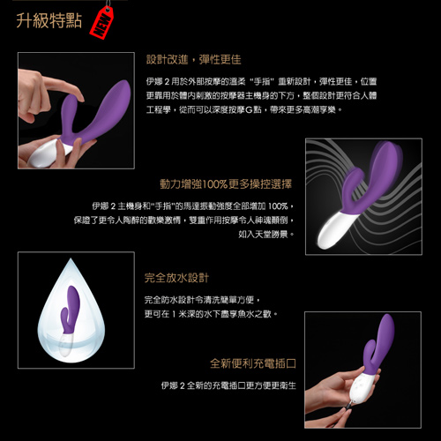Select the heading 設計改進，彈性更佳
point(193,59)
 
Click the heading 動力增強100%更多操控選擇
point(226,184)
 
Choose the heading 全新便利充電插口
point(251,363)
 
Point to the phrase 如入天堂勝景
point(265,236)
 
